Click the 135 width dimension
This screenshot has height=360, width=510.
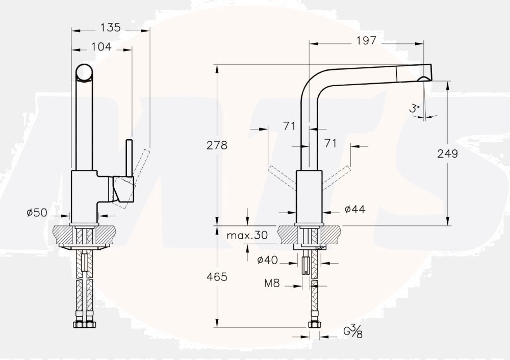(x=110, y=28)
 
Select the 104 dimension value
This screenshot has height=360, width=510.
(x=101, y=47)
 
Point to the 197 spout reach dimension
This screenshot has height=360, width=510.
(x=366, y=41)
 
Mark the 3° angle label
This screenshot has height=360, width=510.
(x=414, y=108)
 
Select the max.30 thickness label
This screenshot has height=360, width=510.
(x=247, y=235)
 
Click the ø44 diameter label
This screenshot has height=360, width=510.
(x=354, y=209)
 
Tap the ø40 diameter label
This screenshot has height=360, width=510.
(x=267, y=260)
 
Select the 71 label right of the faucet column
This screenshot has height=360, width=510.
(x=331, y=143)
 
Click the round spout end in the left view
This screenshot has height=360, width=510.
(x=85, y=72)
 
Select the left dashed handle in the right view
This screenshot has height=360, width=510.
(x=282, y=176)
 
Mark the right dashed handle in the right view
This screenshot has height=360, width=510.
(x=338, y=176)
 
